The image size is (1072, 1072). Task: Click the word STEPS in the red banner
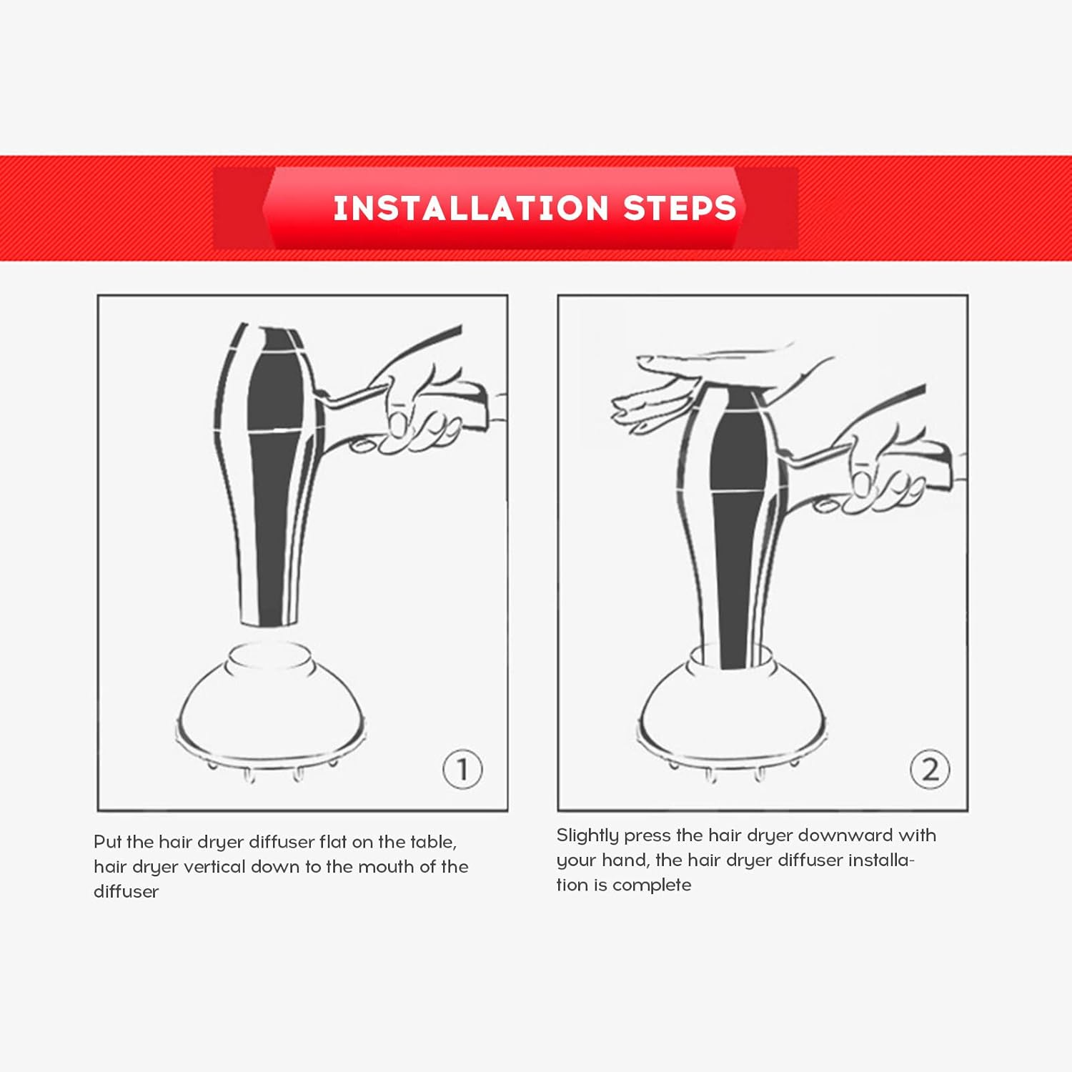(679, 208)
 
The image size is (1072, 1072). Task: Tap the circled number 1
(462, 770)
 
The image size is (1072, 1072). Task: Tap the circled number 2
(930, 770)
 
